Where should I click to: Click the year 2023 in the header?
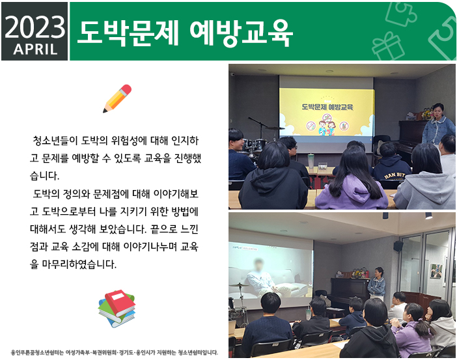35,27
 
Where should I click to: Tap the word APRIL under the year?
35,49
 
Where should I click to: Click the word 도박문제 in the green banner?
128,33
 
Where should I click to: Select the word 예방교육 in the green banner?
241,33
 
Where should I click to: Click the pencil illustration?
117,98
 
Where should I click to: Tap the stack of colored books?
117,309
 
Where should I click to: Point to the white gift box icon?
388,46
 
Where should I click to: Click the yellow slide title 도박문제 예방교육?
327,107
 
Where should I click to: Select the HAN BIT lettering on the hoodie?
395,176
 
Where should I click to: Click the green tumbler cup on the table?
311,161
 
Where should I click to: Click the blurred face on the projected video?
258,264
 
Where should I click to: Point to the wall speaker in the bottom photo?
398,246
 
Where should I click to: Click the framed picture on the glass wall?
436,271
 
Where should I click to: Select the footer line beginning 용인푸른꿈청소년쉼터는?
115,352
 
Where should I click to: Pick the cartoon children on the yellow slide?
327,128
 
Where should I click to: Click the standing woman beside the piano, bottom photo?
376,283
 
